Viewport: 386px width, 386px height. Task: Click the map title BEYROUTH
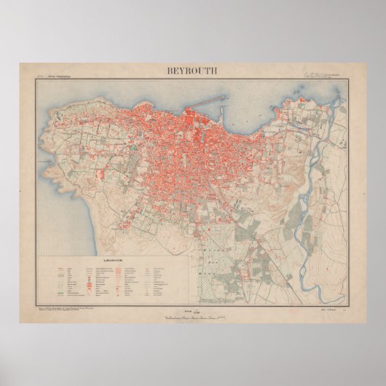pyautogui.click(x=192, y=71)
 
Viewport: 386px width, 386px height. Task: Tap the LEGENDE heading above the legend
pyautogui.click(x=117, y=260)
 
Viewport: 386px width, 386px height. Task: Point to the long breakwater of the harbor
pyautogui.click(x=211, y=100)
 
